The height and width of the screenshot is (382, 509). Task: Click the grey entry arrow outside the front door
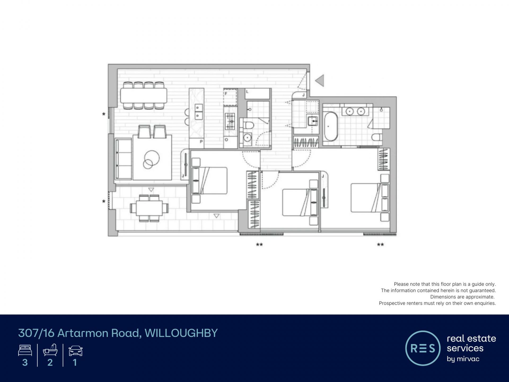point(320,80)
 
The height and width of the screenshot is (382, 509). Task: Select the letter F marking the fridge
point(226,93)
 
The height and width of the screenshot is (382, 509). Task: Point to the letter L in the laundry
point(247,92)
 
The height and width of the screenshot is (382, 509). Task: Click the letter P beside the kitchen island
point(201,142)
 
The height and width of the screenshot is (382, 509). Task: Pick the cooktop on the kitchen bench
point(230,121)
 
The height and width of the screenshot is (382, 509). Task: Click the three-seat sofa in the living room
point(124,158)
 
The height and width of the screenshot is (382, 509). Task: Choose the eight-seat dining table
point(144,95)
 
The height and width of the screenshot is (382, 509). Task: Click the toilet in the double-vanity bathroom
point(377,137)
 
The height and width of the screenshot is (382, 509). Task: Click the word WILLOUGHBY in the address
point(181,333)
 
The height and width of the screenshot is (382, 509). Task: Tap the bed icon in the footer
point(25,350)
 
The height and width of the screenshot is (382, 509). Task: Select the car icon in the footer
point(76,351)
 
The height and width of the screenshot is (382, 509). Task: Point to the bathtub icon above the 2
point(50,350)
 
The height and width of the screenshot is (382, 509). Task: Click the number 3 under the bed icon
point(25,362)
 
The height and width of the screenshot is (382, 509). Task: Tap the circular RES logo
point(423,348)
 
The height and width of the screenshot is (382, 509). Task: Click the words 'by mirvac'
point(463,359)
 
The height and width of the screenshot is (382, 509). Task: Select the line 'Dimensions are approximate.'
point(462,297)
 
